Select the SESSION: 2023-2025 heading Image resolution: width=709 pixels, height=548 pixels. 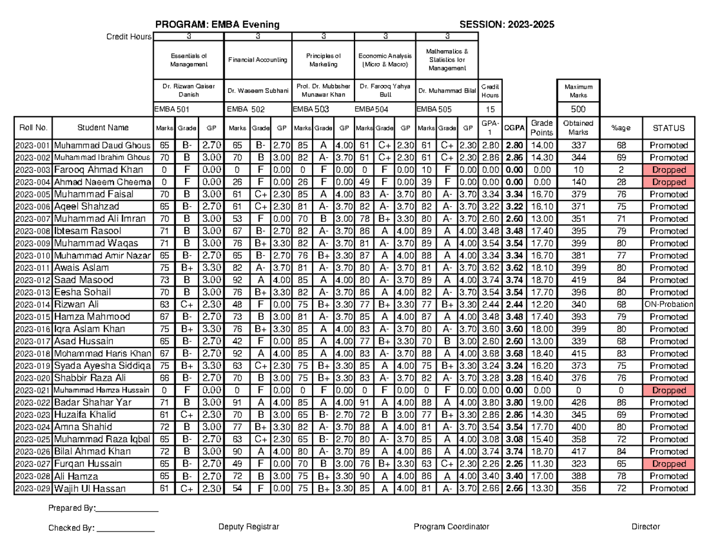coord(506,24)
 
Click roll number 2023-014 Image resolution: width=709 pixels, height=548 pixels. coord(33,304)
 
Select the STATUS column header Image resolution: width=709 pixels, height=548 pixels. coord(669,128)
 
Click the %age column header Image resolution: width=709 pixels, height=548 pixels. coord(620,128)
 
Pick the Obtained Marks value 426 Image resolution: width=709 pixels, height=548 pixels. coord(578,403)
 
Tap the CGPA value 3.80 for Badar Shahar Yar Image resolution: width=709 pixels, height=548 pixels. coord(514,403)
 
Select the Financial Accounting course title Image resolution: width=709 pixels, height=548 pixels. coord(258,60)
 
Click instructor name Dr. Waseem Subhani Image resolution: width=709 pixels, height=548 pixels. coord(258,91)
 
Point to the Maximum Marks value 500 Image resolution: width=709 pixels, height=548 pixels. coord(578,109)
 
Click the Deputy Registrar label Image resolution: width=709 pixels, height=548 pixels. coord(248,527)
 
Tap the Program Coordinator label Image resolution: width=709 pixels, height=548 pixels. coord(451,527)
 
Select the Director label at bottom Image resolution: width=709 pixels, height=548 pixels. coord(645,527)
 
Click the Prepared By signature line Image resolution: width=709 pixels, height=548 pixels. coord(126,508)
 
